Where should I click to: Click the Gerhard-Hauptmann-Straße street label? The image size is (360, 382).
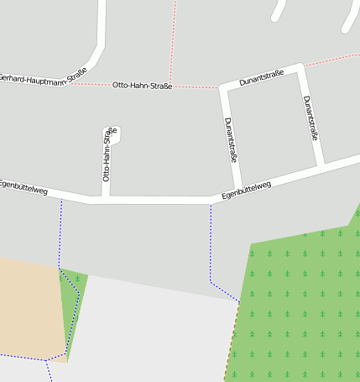tap(43, 79)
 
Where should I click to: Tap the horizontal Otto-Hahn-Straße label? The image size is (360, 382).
tap(142, 86)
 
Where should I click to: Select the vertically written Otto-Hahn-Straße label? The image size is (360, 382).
tap(107, 156)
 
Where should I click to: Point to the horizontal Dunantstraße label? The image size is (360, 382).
tap(261, 78)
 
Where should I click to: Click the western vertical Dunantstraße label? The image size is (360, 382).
tap(232, 139)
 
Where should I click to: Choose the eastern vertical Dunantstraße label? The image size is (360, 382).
tap(311, 117)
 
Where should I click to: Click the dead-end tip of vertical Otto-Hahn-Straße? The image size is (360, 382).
tap(110, 133)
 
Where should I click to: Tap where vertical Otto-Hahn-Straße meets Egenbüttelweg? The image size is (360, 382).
tap(107, 200)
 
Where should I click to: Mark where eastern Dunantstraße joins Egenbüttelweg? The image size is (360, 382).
tap(320, 165)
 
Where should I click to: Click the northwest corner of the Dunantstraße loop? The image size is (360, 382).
tap(224, 86)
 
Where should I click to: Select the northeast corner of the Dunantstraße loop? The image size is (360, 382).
tap(300, 67)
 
